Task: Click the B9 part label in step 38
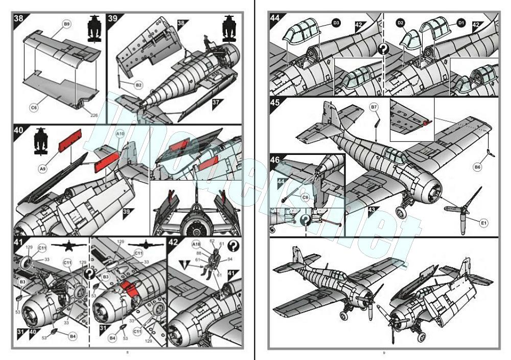pyautogui.click(x=67, y=24)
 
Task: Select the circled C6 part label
pyautogui.click(x=34, y=108)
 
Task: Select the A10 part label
pyautogui.click(x=120, y=133)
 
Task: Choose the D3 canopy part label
pyautogui.click(x=336, y=23)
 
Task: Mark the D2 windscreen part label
pyautogui.click(x=401, y=23)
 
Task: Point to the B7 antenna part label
pyautogui.click(x=374, y=107)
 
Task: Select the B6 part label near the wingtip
pyautogui.click(x=477, y=167)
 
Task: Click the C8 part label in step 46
pyautogui.click(x=305, y=197)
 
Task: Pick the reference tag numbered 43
pyautogui.click(x=371, y=210)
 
